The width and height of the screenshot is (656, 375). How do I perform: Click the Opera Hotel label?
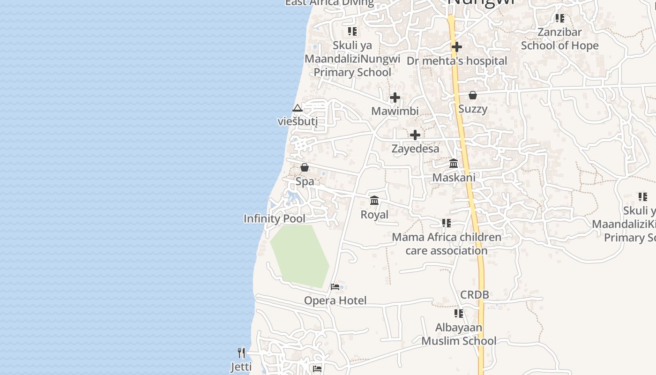pyautogui.click(x=335, y=300)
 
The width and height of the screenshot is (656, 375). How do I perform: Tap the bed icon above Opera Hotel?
pyautogui.click(x=335, y=286)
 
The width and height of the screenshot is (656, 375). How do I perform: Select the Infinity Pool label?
pyautogui.click(x=274, y=218)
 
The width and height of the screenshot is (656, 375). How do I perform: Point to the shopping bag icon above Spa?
pyautogui.click(x=305, y=167)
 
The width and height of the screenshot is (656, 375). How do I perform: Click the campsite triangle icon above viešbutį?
pyautogui.click(x=297, y=108)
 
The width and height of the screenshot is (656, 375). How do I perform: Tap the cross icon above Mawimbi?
pyautogui.click(x=395, y=97)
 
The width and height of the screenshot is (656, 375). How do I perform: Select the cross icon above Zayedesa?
pyautogui.click(x=415, y=135)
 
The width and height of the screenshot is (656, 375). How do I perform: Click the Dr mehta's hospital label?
pyautogui.click(x=456, y=61)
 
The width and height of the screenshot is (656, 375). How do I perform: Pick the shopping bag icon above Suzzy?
pyautogui.click(x=473, y=95)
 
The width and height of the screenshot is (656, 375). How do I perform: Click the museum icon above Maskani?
pyautogui.click(x=454, y=164)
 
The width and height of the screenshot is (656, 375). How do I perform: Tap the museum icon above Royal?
pyautogui.click(x=374, y=201)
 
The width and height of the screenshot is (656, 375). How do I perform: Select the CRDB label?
pyautogui.click(x=474, y=295)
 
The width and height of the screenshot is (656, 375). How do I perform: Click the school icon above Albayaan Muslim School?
pyautogui.click(x=459, y=313)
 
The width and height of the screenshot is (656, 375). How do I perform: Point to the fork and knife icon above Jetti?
pyautogui.click(x=241, y=352)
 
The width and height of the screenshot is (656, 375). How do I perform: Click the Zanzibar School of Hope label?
pyautogui.click(x=559, y=39)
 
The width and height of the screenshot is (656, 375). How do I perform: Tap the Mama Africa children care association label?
pyautogui.click(x=446, y=244)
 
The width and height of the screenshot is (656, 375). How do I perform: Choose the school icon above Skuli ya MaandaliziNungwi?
pyautogui.click(x=352, y=31)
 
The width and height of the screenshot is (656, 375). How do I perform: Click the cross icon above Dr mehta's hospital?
pyautogui.click(x=457, y=47)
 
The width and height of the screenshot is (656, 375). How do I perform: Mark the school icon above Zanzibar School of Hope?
pyautogui.click(x=559, y=18)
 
